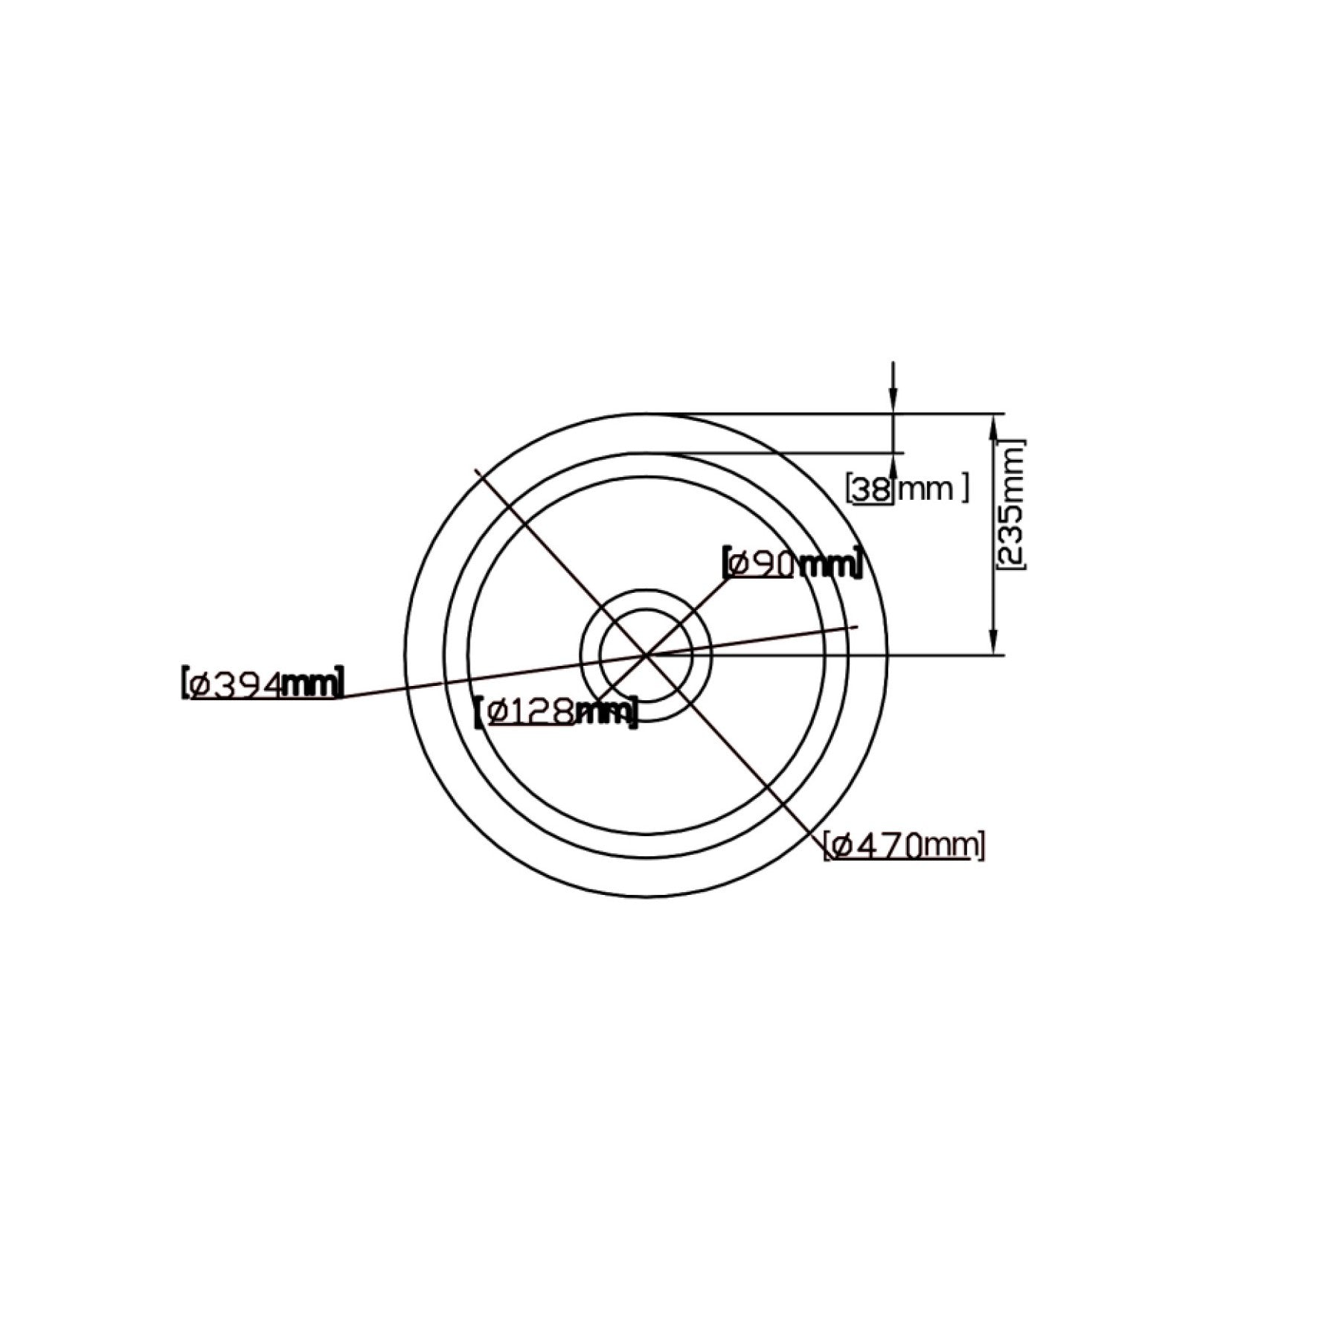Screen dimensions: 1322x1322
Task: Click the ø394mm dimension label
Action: (x=263, y=683)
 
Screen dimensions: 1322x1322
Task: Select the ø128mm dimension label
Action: (x=556, y=713)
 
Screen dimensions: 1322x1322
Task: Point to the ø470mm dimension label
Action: (x=904, y=846)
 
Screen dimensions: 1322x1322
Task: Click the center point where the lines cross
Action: (x=646, y=655)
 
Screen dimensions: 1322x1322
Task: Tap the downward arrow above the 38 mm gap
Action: (x=893, y=402)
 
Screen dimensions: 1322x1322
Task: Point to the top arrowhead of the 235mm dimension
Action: (x=993, y=423)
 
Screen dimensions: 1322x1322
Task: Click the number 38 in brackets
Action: (x=871, y=489)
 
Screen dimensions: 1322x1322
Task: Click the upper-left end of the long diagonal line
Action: (x=475, y=469)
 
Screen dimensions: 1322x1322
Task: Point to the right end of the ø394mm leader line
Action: (x=858, y=626)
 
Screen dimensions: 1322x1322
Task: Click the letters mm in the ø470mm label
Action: (x=952, y=846)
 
